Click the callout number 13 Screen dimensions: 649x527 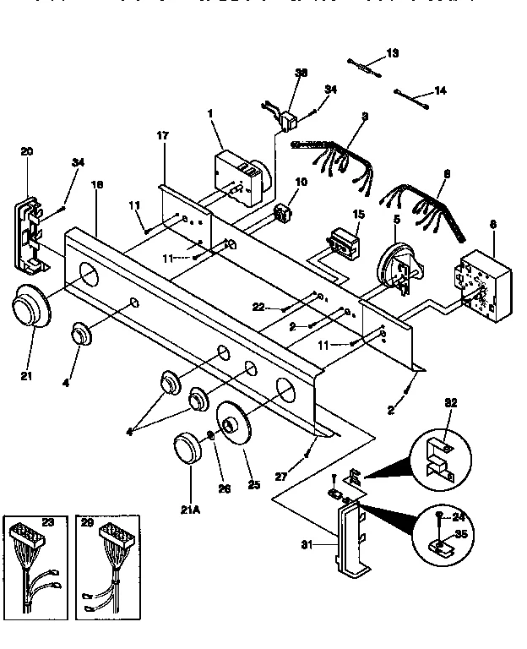click(x=392, y=53)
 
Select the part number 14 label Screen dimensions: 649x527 click(x=440, y=90)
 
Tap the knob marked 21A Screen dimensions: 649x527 click(x=189, y=445)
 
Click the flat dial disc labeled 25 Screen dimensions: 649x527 click(x=236, y=425)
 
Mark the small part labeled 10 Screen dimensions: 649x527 click(x=284, y=214)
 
